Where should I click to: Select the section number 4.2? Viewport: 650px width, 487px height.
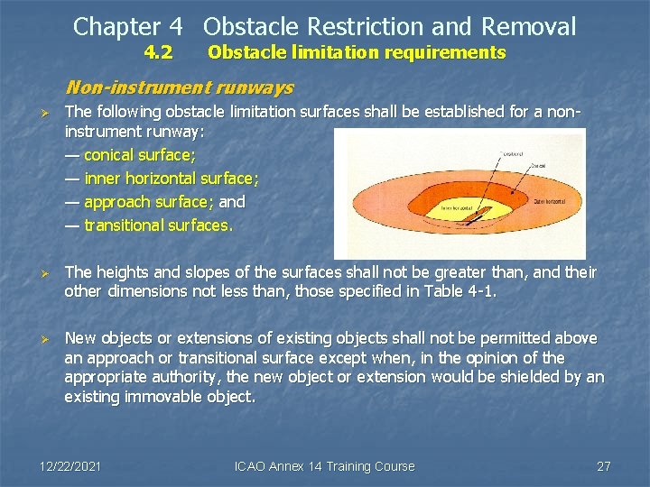(x=159, y=52)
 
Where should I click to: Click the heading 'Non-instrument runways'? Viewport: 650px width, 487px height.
(x=180, y=87)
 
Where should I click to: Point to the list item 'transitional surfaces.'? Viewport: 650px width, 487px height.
(x=148, y=225)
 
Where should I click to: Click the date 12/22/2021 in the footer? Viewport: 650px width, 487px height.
(x=71, y=466)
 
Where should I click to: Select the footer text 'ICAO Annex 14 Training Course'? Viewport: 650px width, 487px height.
(x=324, y=466)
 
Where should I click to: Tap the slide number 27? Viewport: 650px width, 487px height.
(x=604, y=466)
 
